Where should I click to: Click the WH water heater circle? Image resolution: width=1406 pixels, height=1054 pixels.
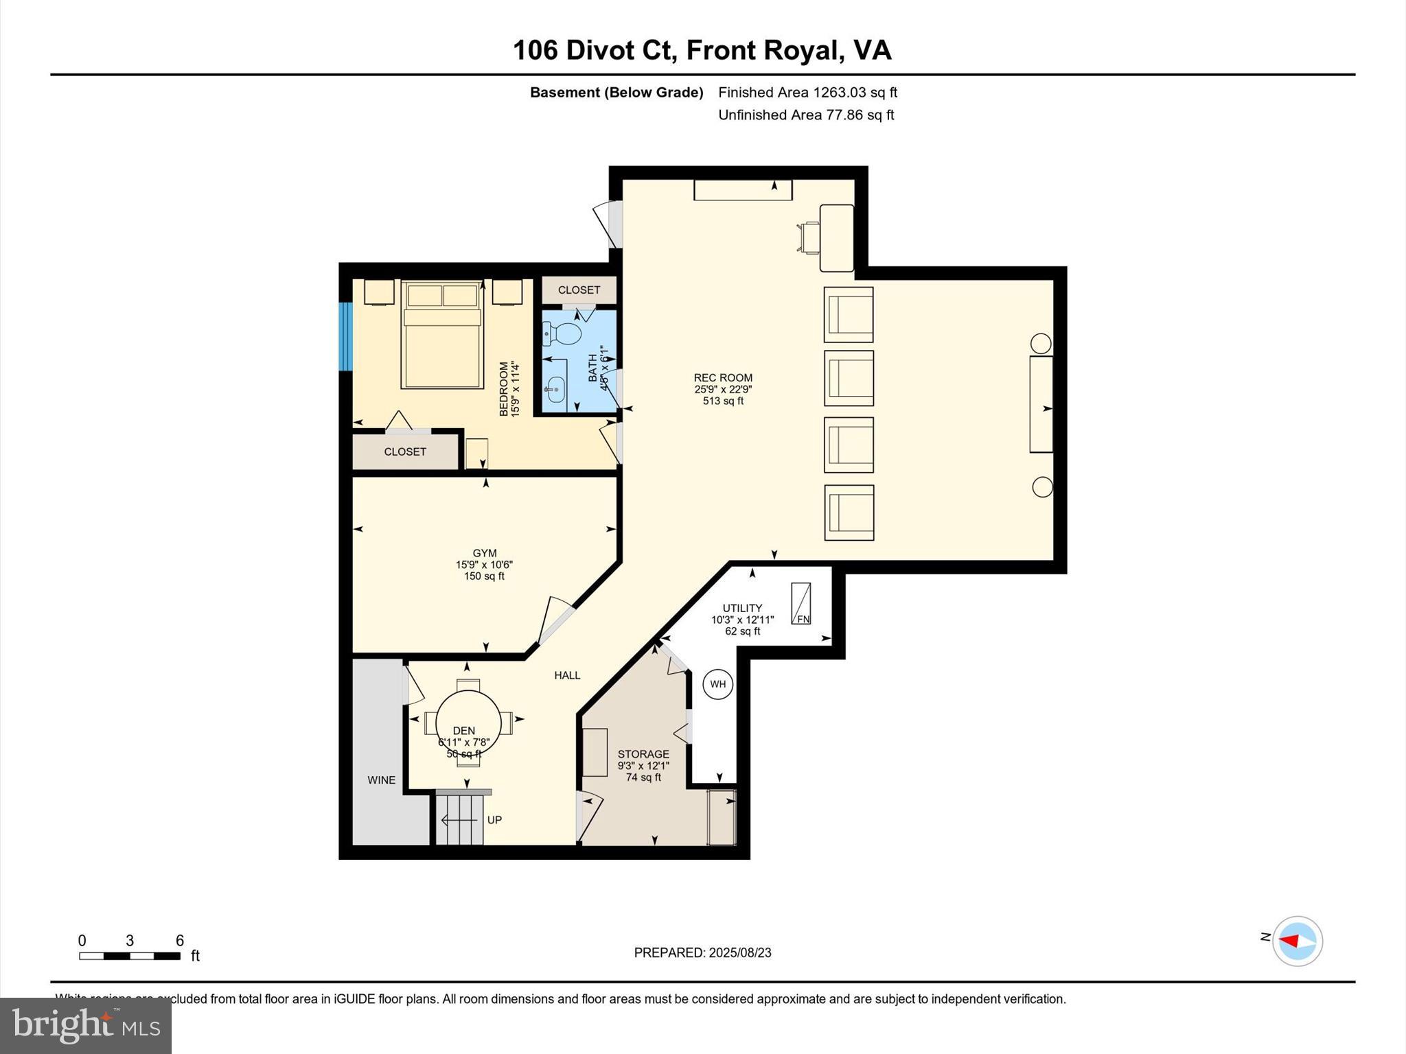(x=717, y=684)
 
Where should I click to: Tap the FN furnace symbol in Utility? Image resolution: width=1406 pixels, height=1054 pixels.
(x=801, y=604)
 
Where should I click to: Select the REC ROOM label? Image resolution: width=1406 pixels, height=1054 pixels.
(x=723, y=378)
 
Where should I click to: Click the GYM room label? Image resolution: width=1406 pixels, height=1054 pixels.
(x=484, y=553)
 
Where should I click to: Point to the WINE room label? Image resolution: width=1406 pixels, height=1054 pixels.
(x=381, y=780)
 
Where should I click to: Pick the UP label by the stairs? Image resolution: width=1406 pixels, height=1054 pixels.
(x=494, y=820)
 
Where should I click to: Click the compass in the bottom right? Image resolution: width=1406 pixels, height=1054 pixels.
(x=1297, y=941)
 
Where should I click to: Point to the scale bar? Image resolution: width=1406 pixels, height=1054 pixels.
(x=129, y=956)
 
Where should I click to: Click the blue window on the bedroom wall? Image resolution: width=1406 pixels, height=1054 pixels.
(x=346, y=336)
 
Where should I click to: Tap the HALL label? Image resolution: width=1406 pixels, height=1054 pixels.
(x=567, y=676)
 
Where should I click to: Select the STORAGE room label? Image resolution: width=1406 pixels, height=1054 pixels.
(x=643, y=754)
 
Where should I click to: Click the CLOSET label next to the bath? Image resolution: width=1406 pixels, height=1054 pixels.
(x=579, y=290)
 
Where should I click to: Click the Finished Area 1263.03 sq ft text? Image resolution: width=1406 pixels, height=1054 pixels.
(x=807, y=93)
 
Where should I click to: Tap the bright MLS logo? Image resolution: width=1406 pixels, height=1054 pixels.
(x=86, y=1026)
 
